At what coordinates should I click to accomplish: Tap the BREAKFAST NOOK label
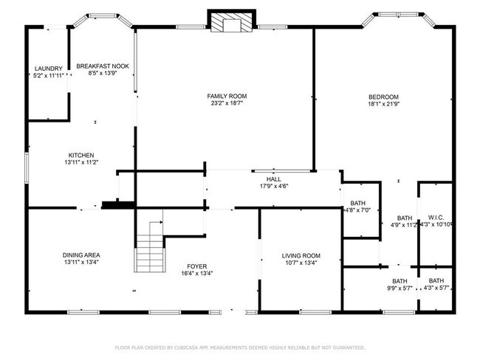[103, 66]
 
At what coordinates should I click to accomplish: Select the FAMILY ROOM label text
[227, 96]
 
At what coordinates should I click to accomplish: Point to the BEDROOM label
[384, 97]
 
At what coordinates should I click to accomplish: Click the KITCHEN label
[81, 155]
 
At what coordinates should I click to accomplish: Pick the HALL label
[274, 179]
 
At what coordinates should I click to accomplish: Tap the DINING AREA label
[81, 255]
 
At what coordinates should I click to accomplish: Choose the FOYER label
[196, 266]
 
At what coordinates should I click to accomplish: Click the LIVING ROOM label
[301, 255]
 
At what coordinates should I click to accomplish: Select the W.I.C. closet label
[436, 217]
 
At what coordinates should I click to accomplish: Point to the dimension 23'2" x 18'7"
[227, 104]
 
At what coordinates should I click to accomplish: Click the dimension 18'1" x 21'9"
[384, 105]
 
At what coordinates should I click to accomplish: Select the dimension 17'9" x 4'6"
[274, 187]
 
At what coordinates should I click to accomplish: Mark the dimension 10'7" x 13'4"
[301, 263]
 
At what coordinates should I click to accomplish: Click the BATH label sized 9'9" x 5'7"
[400, 280]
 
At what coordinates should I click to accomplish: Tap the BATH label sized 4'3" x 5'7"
[436, 280]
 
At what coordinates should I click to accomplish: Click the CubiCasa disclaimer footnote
[240, 347]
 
